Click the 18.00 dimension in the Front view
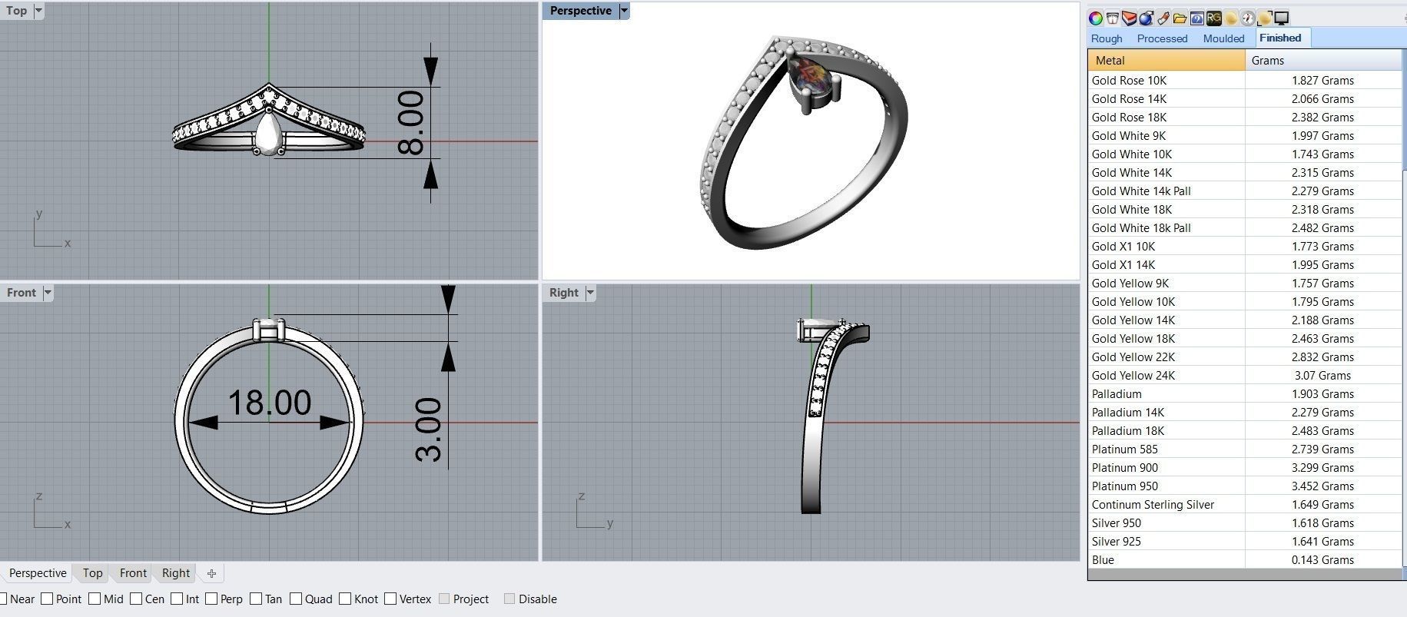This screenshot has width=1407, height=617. pos(270,403)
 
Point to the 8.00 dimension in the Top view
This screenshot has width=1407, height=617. pos(412,123)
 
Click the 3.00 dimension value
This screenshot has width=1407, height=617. pos(429,430)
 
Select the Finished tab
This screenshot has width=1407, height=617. pos(1280,38)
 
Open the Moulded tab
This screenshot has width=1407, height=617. pos(1223,38)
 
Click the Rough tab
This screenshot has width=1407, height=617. pos(1107,38)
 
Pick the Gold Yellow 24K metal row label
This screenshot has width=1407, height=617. pos(1133,376)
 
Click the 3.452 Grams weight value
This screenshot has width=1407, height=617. pos(1322,486)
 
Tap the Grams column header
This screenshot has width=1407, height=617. pos(1268,61)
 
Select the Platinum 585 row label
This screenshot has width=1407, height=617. pos(1124,449)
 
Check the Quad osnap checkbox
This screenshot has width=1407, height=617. pos(296,599)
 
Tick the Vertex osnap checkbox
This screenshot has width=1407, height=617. pos(390,599)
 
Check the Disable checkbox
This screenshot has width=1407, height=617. pos(509,599)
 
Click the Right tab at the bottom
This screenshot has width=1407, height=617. pos(176,573)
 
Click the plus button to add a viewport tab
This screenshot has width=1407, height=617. pos(211,573)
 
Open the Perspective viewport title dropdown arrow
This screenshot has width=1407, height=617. pos(624,11)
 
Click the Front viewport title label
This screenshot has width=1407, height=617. pos(22,293)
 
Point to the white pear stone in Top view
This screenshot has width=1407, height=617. pos(268,134)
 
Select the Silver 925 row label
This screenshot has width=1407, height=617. pos(1116,542)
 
